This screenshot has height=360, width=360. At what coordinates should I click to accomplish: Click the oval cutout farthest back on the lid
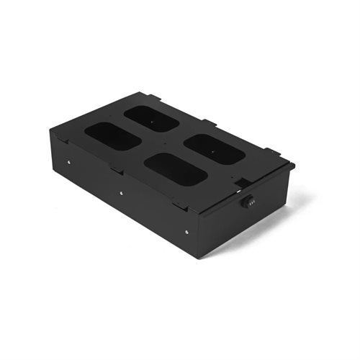pyautogui.click(x=151, y=118)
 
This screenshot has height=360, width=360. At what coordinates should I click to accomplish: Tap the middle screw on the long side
pyautogui.click(x=121, y=194)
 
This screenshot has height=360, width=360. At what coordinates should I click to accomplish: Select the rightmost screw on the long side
pyautogui.click(x=186, y=231)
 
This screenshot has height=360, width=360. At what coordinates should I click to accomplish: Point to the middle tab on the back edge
pyautogui.click(x=207, y=122)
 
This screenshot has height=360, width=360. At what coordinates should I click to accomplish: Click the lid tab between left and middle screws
pyautogui.click(x=115, y=170)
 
